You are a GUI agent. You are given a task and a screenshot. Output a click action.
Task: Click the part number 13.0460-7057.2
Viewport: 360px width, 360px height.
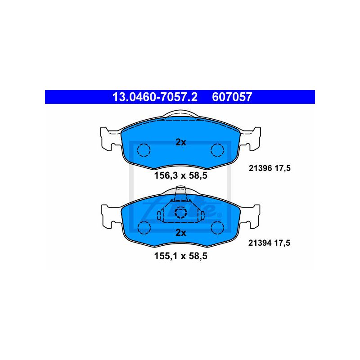[154, 97]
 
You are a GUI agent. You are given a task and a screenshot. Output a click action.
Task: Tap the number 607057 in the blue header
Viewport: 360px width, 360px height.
[232, 97]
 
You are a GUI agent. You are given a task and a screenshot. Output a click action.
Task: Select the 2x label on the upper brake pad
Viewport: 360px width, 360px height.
[180, 142]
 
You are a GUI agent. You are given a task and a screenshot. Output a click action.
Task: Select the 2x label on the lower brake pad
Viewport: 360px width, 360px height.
[180, 233]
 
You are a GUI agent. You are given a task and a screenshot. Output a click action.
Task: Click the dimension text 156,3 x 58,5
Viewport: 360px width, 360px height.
[180, 176]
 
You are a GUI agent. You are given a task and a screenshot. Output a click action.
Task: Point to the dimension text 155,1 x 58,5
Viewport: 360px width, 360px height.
[180, 257]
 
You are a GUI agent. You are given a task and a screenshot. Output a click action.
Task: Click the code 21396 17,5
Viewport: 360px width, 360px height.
[270, 168]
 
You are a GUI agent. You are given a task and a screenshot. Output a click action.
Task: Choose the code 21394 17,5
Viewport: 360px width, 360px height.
[270, 243]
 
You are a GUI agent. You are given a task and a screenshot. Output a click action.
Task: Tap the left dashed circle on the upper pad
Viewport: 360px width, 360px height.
[144, 149]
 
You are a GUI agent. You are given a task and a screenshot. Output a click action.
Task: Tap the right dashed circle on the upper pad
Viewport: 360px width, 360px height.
[217, 149]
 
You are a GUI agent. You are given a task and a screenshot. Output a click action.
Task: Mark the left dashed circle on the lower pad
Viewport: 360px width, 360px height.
[144, 228]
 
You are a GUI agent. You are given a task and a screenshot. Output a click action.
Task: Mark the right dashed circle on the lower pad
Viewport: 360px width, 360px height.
[217, 228]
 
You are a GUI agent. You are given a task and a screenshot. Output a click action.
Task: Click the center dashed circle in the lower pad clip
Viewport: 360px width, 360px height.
[180, 212]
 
